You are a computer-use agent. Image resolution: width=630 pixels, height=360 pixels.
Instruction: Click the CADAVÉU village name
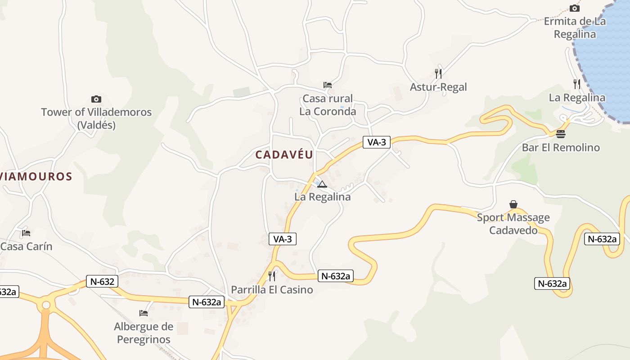tap(284, 155)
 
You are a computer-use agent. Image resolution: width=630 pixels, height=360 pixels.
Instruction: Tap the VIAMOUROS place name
tap(36, 176)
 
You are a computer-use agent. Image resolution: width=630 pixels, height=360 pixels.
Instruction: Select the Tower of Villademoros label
tap(96, 118)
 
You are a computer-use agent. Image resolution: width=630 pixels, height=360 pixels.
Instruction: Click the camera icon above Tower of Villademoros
tap(96, 99)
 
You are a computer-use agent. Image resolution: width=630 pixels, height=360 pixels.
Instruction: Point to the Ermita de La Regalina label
tap(575, 27)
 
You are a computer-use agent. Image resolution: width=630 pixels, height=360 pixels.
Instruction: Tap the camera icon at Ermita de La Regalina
tap(574, 8)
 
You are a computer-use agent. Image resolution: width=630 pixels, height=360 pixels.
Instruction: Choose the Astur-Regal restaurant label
tap(438, 87)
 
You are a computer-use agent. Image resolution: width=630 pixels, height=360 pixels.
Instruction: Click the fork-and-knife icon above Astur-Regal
tap(438, 73)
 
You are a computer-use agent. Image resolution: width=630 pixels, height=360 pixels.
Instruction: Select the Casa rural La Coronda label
tap(328, 105)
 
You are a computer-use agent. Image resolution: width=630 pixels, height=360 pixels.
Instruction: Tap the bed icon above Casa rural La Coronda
tap(328, 85)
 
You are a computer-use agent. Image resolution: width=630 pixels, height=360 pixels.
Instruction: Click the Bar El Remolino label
tap(561, 147)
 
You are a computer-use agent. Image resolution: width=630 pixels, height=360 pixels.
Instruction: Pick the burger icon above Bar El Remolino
tap(560, 134)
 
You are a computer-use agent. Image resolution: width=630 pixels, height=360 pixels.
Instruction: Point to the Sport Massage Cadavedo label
tap(513, 224)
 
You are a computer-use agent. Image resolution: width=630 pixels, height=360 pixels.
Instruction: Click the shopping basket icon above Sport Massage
tap(513, 205)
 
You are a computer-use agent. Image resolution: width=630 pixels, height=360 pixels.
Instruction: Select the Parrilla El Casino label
tap(272, 289)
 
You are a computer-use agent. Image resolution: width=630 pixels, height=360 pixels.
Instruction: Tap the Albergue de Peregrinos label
tap(144, 333)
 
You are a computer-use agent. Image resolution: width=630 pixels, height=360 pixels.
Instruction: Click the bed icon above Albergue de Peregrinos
tap(144, 313)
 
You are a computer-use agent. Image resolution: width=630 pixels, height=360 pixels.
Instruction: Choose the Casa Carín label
tap(27, 246)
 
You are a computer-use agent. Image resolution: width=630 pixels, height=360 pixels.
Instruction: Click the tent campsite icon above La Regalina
tap(322, 184)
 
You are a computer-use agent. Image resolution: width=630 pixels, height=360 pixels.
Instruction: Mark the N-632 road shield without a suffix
tap(103, 282)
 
